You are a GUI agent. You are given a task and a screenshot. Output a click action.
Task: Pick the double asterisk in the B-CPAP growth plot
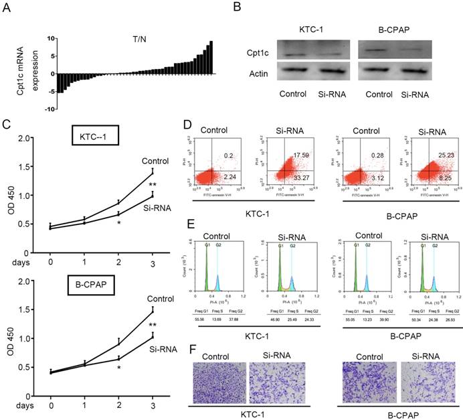click(x=172, y=325)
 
